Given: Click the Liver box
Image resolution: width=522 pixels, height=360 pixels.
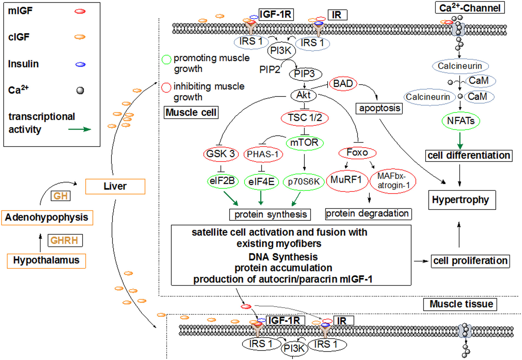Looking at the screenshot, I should click(115, 186).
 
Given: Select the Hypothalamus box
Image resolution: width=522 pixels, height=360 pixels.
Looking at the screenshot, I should click(46, 261).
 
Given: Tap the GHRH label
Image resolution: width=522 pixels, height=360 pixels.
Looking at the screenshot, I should click(65, 240).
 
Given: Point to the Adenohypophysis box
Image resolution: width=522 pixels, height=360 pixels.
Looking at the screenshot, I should click(47, 218).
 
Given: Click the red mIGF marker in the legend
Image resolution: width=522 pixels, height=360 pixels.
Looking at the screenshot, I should click(80, 11).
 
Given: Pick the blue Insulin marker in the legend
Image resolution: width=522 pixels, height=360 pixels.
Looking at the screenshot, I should click(80, 65).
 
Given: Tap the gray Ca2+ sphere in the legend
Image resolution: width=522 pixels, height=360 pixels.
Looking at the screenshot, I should click(80, 90).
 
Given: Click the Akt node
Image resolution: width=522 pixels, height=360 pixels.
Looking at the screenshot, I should click(303, 95).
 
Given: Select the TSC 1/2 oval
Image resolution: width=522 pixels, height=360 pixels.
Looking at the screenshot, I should click(304, 118).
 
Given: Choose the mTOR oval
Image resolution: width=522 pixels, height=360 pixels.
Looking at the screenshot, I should click(304, 143).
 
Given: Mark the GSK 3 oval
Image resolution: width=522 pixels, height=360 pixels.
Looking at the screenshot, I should click(221, 154).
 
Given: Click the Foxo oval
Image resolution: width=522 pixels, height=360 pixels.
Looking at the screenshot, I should click(357, 152).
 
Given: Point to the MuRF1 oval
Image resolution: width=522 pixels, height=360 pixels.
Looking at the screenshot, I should click(347, 180).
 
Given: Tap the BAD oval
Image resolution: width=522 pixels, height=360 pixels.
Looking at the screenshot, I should click(343, 83).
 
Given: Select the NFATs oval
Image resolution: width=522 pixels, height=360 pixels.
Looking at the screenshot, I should click(461, 121).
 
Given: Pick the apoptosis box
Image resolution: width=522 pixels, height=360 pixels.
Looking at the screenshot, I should click(379, 108).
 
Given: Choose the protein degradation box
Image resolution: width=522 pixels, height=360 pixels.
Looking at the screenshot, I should click(368, 214).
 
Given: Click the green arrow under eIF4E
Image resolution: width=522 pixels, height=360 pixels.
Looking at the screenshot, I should click(261, 198).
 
